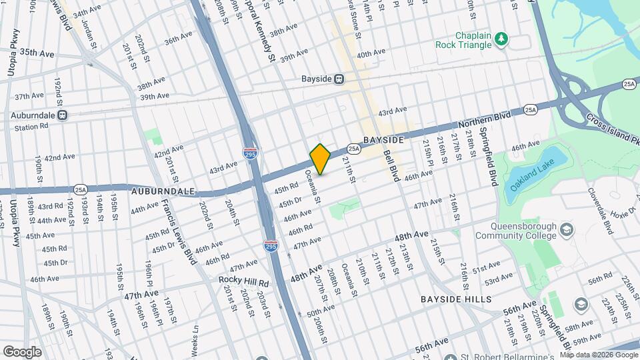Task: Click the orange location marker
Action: point(320,159)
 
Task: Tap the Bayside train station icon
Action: point(339,79)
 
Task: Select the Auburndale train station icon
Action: point(62,115)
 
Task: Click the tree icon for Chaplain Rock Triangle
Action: point(501,40)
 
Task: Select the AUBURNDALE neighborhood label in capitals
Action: point(163,191)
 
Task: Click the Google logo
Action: point(22,351)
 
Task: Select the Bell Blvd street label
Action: point(391,165)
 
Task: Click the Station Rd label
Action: point(32,127)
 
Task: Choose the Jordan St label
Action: point(91,35)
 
